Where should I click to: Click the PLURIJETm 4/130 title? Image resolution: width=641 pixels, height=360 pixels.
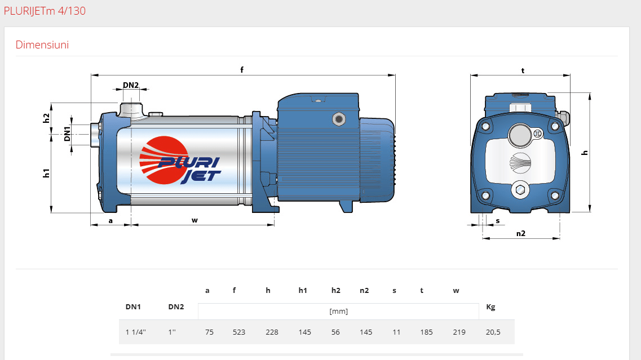(45, 11)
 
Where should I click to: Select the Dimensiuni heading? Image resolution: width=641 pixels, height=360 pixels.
(42, 45)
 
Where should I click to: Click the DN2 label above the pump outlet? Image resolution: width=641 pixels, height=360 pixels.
(131, 85)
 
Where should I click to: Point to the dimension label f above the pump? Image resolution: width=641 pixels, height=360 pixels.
(242, 69)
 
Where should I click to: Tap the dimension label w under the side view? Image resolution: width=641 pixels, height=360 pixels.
(194, 220)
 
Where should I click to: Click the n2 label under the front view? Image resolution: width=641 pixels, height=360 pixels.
(520, 233)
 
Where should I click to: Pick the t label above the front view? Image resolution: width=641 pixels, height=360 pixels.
(523, 70)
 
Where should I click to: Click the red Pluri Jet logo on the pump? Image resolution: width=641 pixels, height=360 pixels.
(180, 160)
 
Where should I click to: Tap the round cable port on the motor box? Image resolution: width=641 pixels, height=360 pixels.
(338, 119)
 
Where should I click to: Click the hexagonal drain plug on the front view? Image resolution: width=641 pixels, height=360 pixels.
(520, 190)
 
